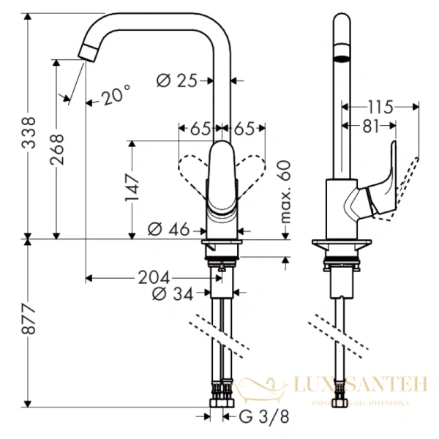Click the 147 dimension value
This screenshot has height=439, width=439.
point(132,187)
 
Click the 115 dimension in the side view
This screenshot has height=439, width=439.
point(380,107)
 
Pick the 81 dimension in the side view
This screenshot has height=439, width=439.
point(370,127)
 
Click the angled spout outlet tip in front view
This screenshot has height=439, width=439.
point(89,52)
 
